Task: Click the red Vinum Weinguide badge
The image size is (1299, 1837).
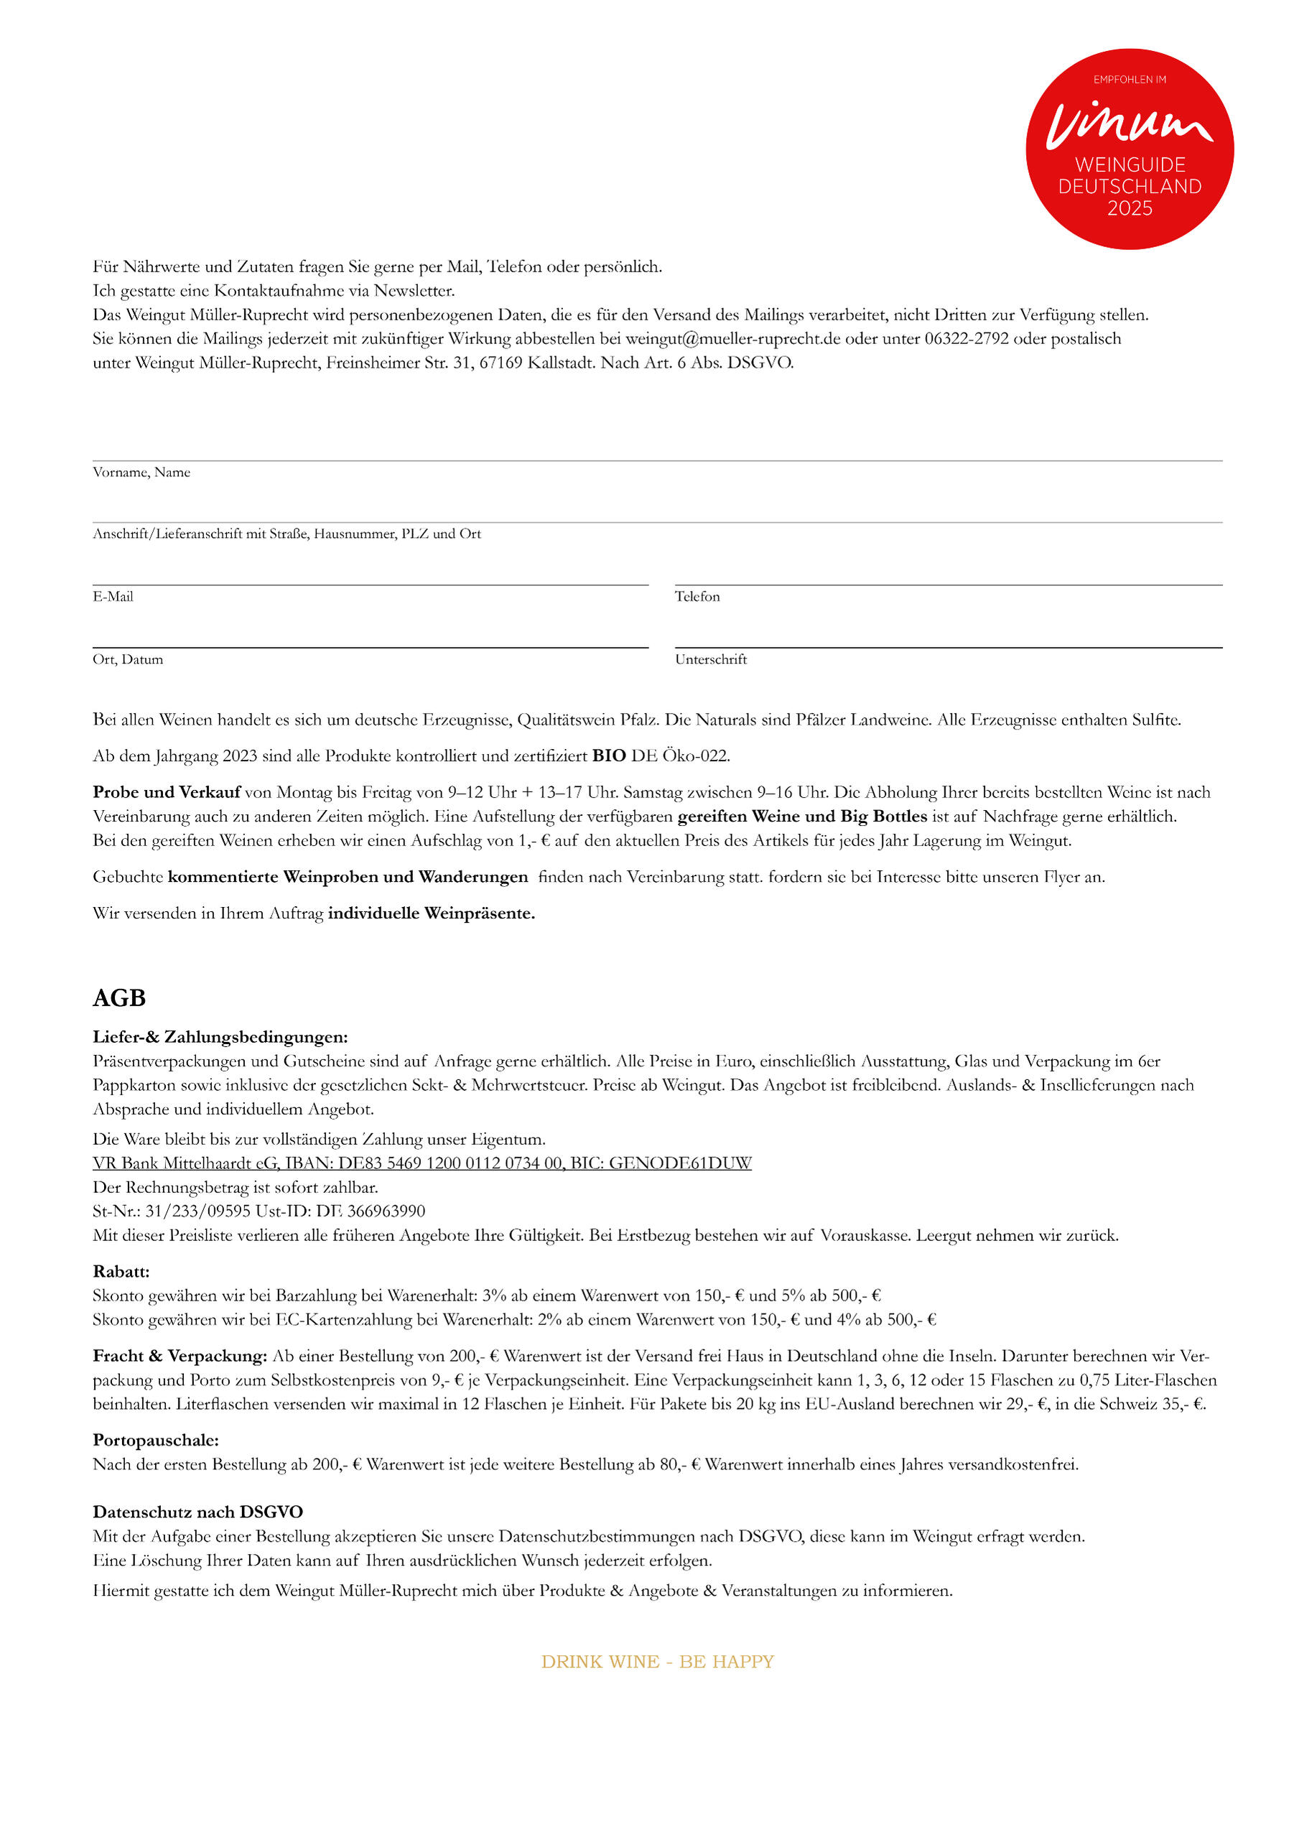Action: click(x=1129, y=149)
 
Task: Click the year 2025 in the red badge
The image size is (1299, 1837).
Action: click(x=1130, y=208)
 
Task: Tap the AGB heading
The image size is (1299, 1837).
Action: click(x=119, y=997)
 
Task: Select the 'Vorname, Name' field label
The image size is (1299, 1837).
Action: click(x=141, y=472)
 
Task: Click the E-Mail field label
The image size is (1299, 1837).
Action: click(x=113, y=596)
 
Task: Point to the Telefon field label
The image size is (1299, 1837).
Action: click(x=697, y=596)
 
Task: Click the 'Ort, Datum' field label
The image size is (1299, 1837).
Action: click(x=128, y=659)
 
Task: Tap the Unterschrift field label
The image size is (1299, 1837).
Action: click(x=710, y=659)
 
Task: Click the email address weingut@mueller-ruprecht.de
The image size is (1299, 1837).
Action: click(x=732, y=338)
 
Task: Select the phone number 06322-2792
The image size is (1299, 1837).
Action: click(x=967, y=338)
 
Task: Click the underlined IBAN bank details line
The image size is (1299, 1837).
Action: click(x=422, y=1163)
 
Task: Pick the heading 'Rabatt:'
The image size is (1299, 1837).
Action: click(x=121, y=1271)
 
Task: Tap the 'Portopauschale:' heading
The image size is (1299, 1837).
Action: click(x=156, y=1440)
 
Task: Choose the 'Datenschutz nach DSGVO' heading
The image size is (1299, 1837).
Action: click(x=197, y=1512)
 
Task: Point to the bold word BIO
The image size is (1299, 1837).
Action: click(x=609, y=755)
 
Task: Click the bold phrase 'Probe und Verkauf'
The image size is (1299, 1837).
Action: click(x=167, y=792)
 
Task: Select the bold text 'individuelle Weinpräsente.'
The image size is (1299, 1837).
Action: click(x=431, y=913)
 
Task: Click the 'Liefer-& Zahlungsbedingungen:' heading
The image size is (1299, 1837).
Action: click(x=220, y=1037)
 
